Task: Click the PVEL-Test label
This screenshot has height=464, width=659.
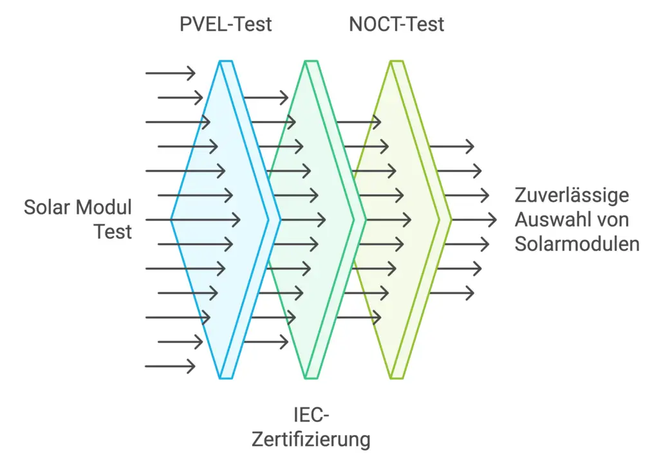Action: (x=225, y=25)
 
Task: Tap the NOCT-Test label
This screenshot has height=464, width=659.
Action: (x=396, y=25)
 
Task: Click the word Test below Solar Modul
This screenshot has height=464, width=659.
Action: (x=113, y=231)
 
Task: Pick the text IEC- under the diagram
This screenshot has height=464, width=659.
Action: (x=311, y=414)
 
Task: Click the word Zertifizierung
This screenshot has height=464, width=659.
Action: (x=311, y=440)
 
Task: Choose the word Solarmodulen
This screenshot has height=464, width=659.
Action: (x=577, y=244)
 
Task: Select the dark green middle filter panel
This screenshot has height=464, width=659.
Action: (x=309, y=219)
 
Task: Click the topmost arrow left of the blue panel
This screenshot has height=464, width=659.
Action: (x=170, y=73)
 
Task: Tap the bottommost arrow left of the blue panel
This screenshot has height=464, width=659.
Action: (x=170, y=366)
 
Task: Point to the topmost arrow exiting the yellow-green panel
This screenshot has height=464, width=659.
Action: (x=452, y=146)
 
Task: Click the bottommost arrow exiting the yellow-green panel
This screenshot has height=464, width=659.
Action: (x=452, y=293)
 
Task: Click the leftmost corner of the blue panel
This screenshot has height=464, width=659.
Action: (x=172, y=219)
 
